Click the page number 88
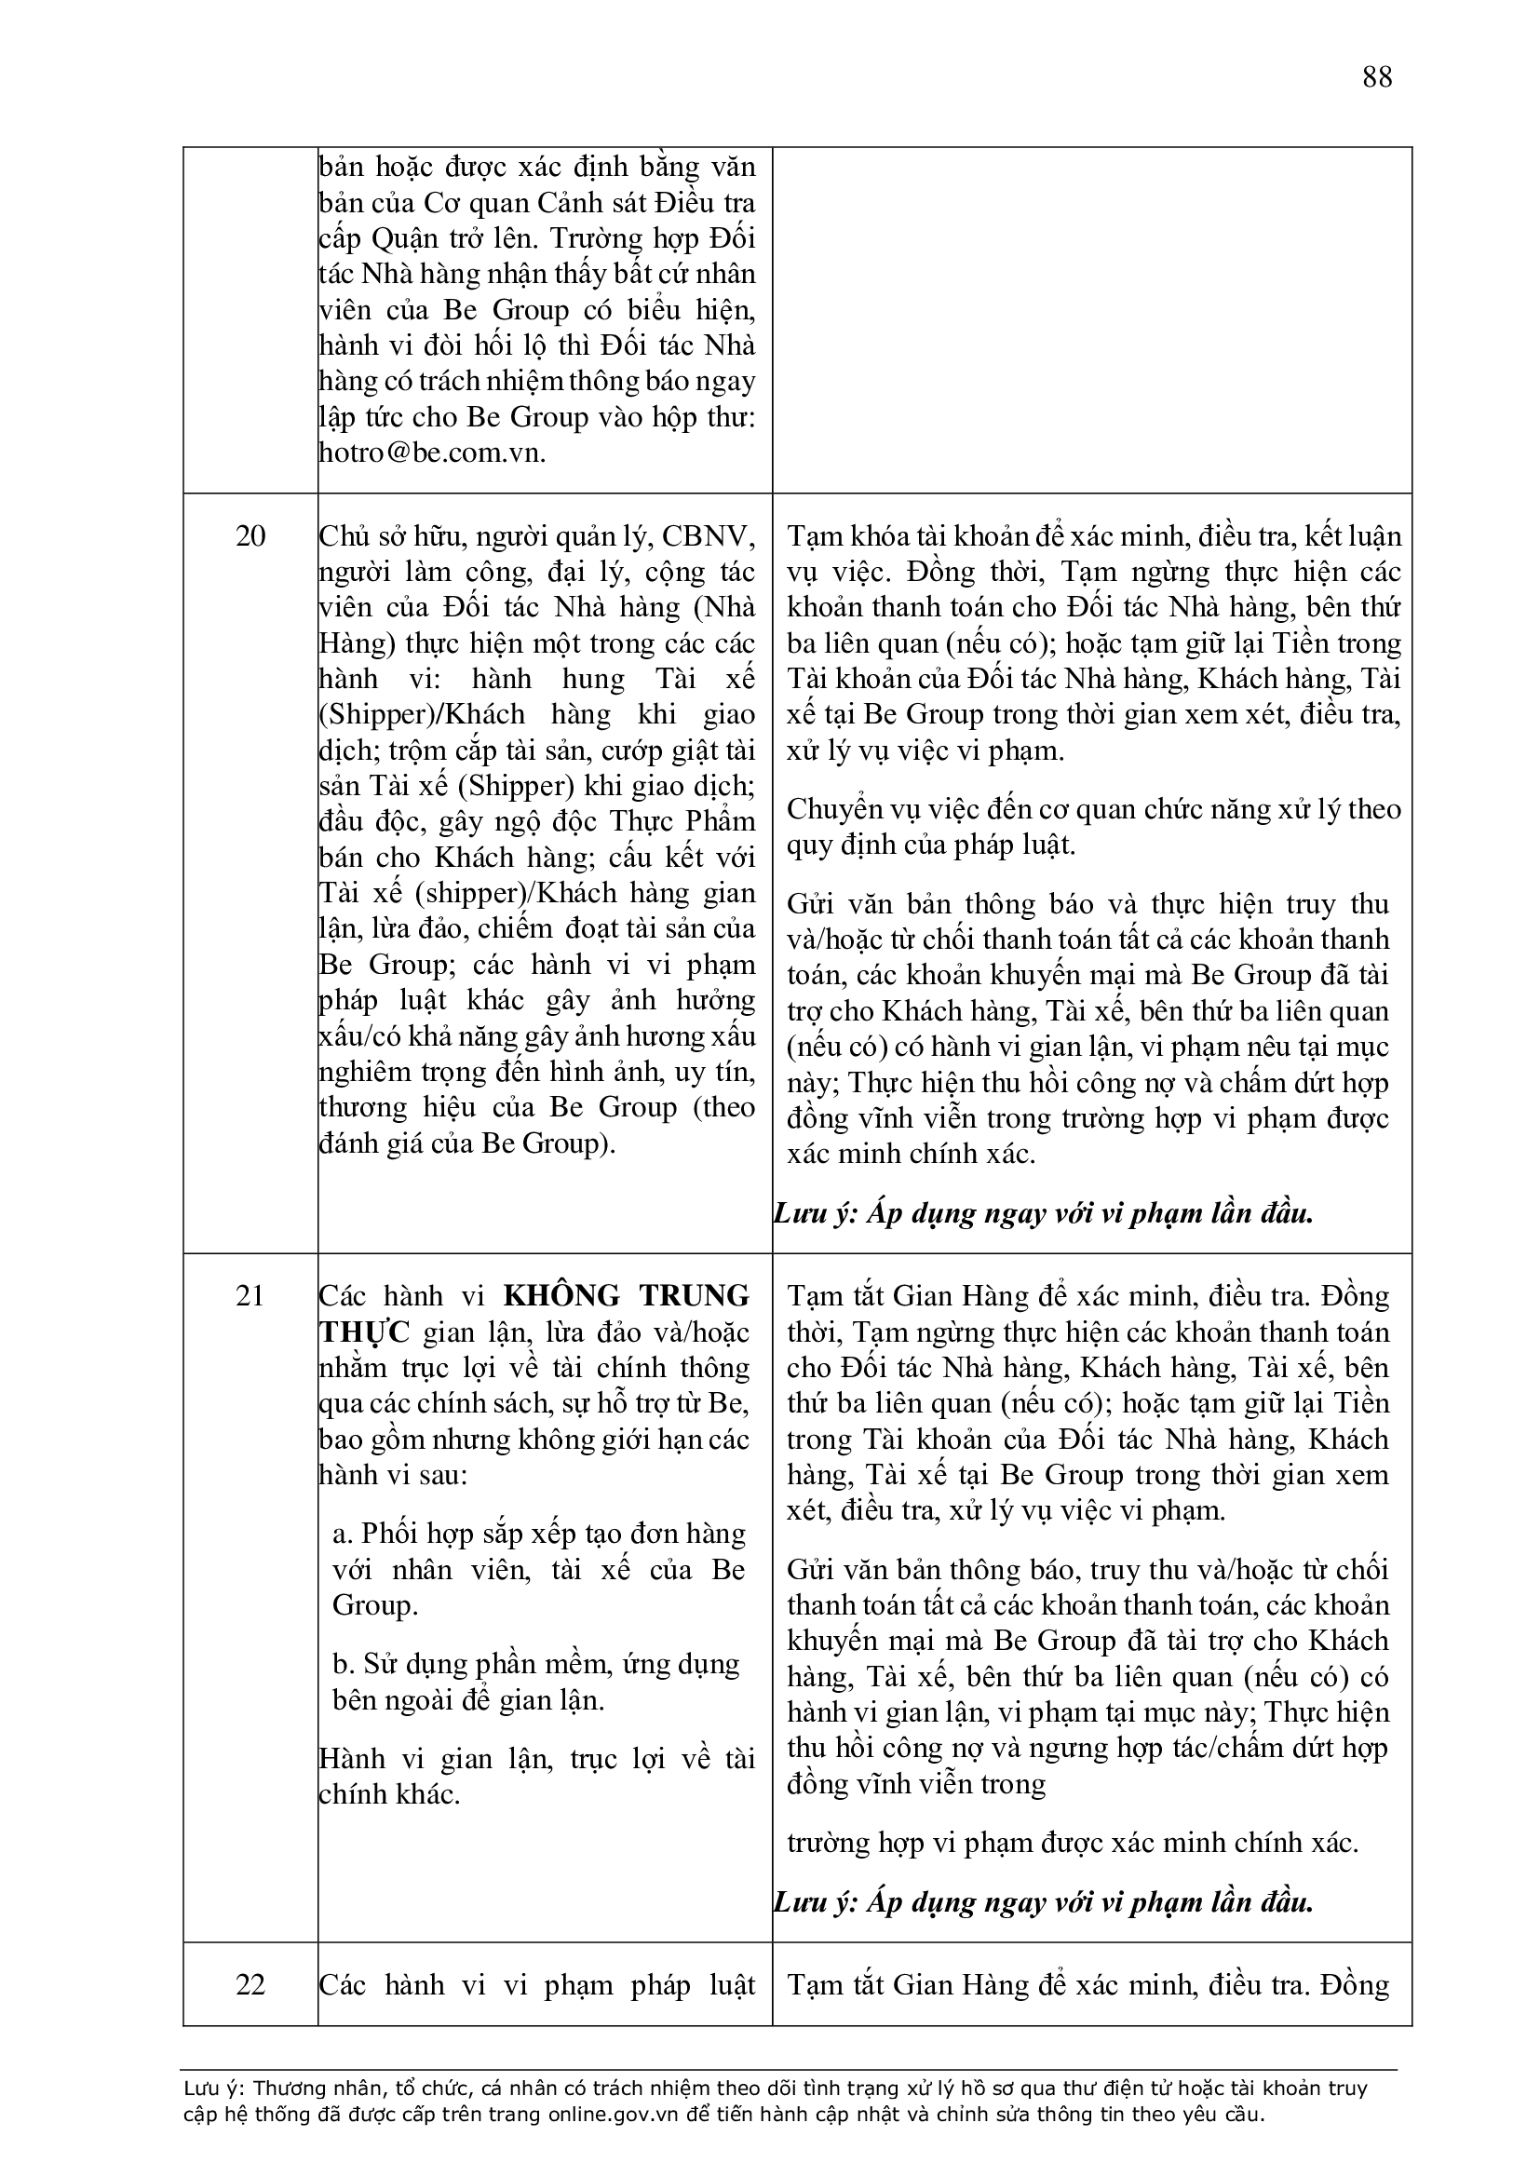pyautogui.click(x=1377, y=76)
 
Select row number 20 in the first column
pyautogui.click(x=250, y=536)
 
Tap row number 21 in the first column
pyautogui.click(x=250, y=1296)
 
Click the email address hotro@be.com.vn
pyautogui.click(x=432, y=453)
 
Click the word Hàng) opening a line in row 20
pyautogui.click(x=357, y=643)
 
